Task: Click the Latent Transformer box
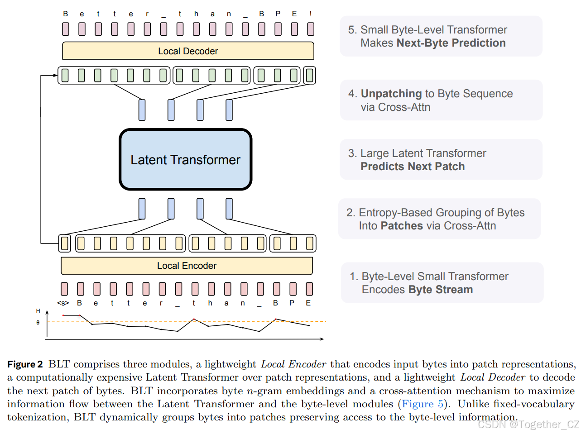click(x=185, y=160)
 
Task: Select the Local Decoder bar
click(x=188, y=51)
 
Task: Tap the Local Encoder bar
click(x=187, y=266)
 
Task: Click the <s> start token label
click(x=63, y=303)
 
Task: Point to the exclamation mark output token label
click(x=311, y=14)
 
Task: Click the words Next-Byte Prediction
click(x=451, y=43)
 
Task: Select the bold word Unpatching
click(x=391, y=94)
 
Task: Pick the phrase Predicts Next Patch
click(x=413, y=167)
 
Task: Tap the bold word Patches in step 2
click(x=402, y=226)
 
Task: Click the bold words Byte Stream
click(x=440, y=290)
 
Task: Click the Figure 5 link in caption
click(x=423, y=404)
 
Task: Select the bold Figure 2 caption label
click(x=25, y=364)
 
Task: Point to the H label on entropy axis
click(x=38, y=311)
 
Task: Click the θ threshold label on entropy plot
click(x=38, y=323)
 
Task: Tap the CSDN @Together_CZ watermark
click(x=528, y=424)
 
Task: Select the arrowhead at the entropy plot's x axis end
click(x=322, y=339)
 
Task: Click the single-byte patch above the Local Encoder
click(x=65, y=243)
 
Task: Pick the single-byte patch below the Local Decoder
click(x=310, y=75)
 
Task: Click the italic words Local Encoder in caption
click(x=293, y=364)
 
